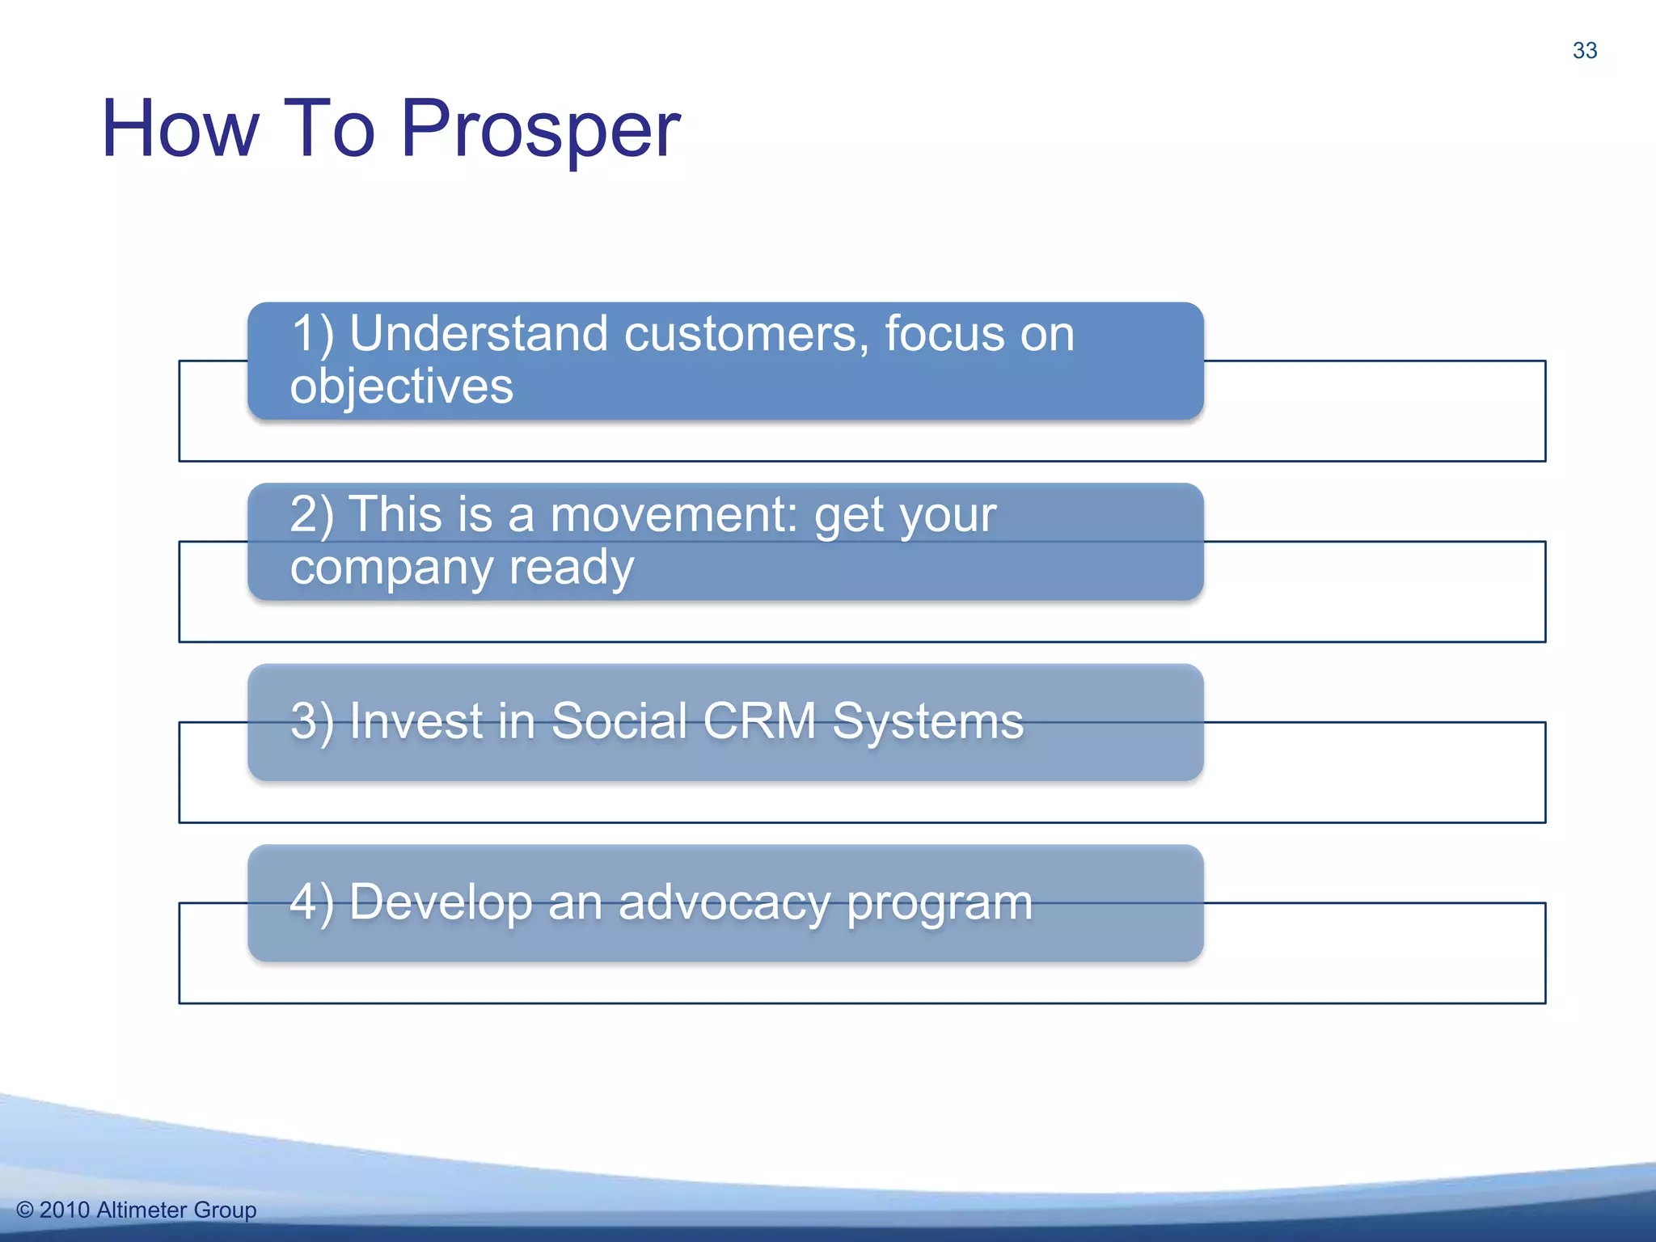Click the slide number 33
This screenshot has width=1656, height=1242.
click(x=1584, y=50)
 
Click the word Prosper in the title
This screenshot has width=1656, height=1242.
click(x=540, y=129)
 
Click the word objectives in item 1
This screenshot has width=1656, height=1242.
click(x=402, y=386)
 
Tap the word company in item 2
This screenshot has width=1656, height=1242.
click(x=391, y=567)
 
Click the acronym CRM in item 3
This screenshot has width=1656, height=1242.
click(x=759, y=720)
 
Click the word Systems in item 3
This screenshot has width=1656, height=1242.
click(x=927, y=720)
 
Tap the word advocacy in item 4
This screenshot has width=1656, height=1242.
click(x=724, y=902)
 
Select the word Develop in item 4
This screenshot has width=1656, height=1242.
click(x=441, y=902)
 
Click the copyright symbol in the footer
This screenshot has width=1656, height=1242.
click(x=24, y=1210)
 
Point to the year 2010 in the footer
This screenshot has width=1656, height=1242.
click(x=64, y=1210)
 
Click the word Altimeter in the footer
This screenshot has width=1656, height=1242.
click(x=142, y=1210)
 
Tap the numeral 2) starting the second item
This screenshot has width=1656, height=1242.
click(x=311, y=514)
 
